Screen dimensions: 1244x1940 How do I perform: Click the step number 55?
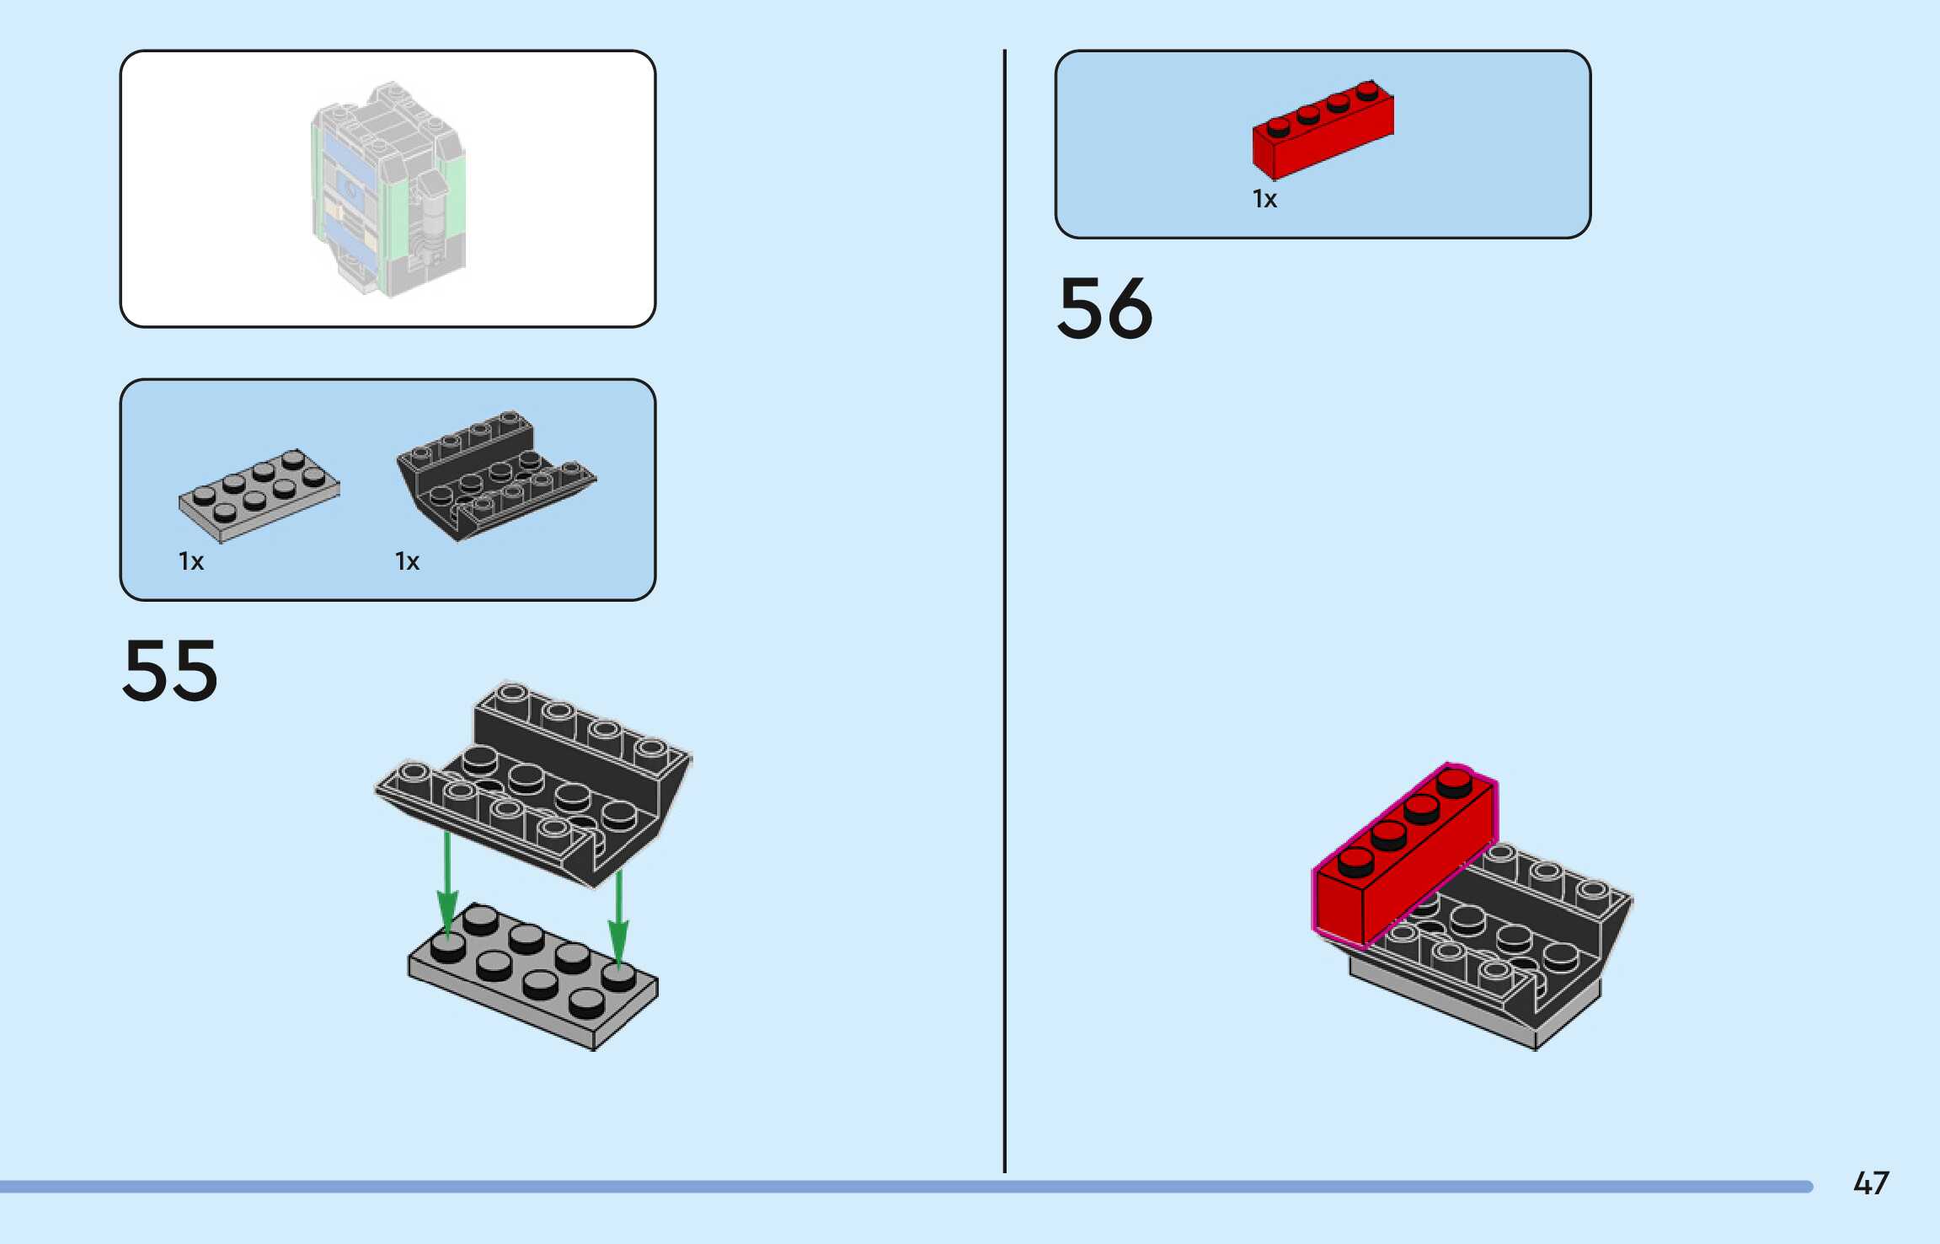tap(170, 671)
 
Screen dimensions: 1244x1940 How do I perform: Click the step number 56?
tap(1104, 308)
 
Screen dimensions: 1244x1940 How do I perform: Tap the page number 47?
tap(1870, 1183)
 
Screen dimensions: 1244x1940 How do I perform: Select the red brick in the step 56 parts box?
tap(1323, 131)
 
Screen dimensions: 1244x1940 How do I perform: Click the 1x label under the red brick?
tap(1264, 199)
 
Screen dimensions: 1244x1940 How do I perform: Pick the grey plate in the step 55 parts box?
tap(259, 496)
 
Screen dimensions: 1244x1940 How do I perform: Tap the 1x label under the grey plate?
tap(191, 561)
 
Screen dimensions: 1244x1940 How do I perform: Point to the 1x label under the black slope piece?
tap(407, 561)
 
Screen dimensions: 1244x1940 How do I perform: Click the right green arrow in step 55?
tap(619, 919)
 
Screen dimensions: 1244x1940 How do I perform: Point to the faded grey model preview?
tap(387, 189)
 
